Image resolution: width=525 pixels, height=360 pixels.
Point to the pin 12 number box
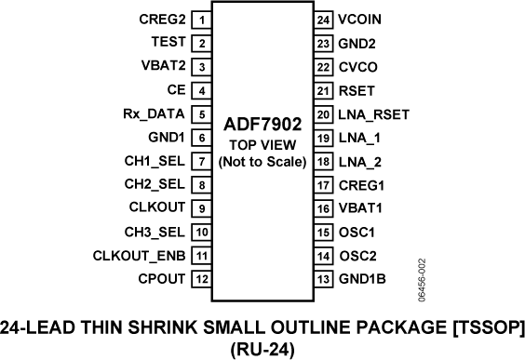(202, 278)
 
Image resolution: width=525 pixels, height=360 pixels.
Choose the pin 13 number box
(323, 278)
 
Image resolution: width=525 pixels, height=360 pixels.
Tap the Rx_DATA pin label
(155, 113)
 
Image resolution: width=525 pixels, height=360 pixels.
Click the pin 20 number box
(323, 113)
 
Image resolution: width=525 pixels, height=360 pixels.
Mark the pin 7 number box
(202, 161)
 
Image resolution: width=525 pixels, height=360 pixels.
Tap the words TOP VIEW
(262, 145)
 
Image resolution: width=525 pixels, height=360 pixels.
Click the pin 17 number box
(323, 184)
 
